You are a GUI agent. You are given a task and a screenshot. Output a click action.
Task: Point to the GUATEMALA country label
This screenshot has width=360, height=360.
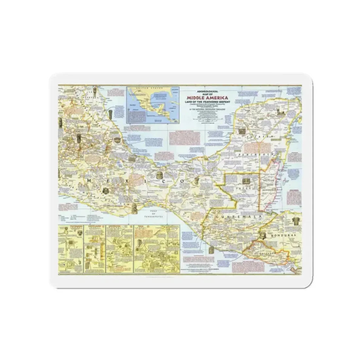click(x=232, y=217)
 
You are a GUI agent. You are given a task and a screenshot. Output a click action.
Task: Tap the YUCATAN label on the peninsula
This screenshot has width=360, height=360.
click(x=259, y=137)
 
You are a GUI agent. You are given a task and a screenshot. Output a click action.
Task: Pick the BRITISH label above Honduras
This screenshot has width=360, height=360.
click(x=268, y=181)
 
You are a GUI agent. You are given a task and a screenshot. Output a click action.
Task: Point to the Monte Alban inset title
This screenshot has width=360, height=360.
click(x=94, y=226)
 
